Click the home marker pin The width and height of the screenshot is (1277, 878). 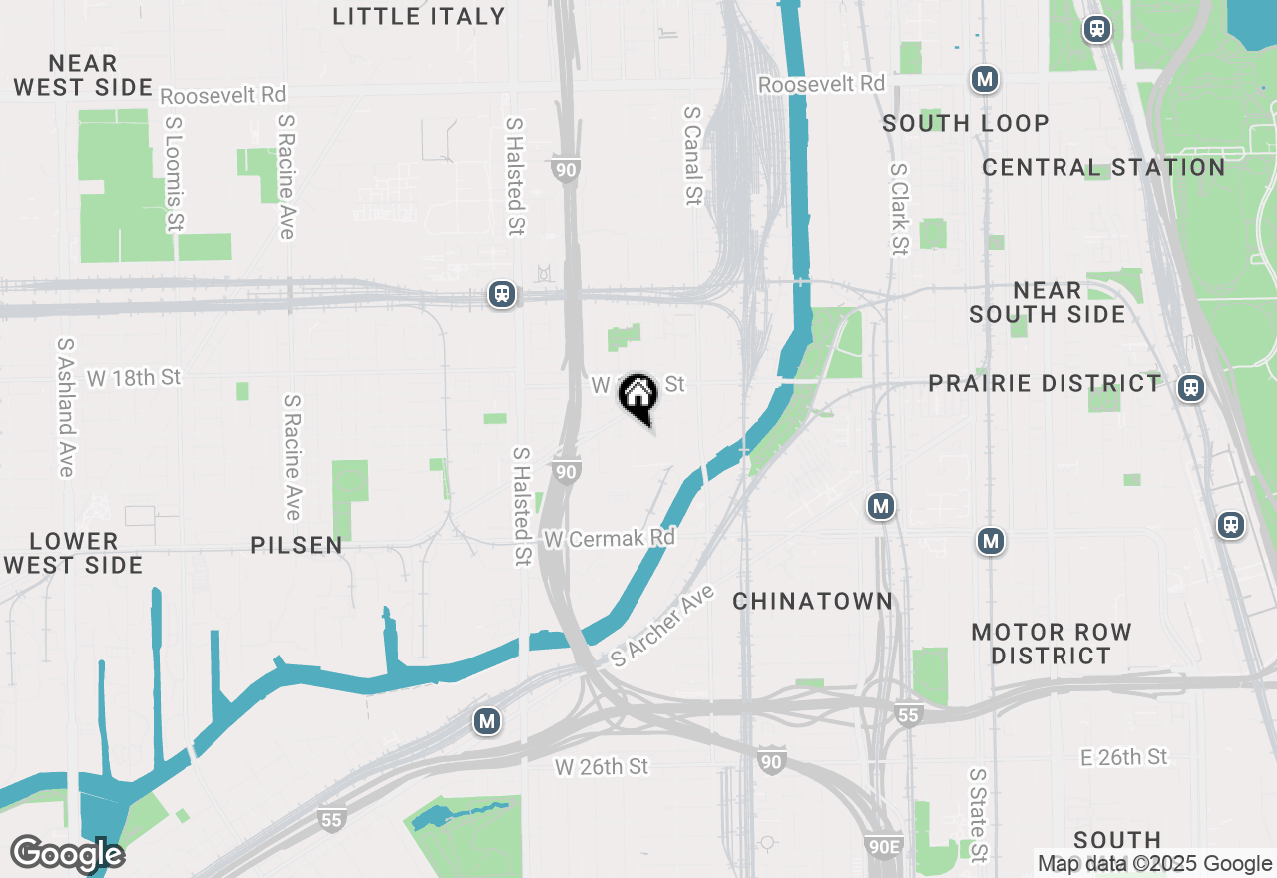[x=638, y=396]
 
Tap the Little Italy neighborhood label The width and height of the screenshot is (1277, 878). [x=419, y=16]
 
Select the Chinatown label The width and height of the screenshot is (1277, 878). [x=813, y=601]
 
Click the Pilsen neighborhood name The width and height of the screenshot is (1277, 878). [x=297, y=546]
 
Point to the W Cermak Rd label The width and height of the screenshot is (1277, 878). [x=610, y=538]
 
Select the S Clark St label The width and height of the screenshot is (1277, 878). [x=900, y=210]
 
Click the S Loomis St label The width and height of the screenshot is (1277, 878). [x=175, y=175]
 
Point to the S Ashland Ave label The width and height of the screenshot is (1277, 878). [x=66, y=407]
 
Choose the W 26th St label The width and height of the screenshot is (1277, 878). [x=602, y=766]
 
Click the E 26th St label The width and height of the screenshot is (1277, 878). [x=1123, y=757]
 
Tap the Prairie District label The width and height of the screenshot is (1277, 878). [x=1045, y=384]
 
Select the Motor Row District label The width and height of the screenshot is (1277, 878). [x=1052, y=644]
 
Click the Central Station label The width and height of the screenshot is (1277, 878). [x=1103, y=167]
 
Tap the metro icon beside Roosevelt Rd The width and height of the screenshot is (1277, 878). [x=985, y=79]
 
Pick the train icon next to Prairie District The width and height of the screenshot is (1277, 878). [x=1190, y=388]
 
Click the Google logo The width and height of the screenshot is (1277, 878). [x=67, y=855]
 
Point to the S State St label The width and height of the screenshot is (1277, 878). [x=978, y=815]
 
